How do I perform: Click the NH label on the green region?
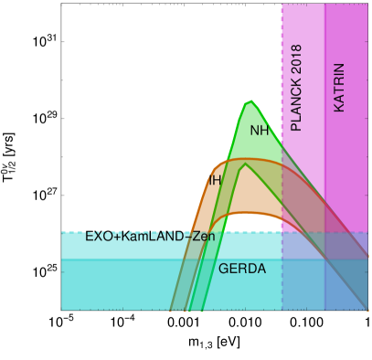coord(260,131)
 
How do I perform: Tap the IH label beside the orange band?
coord(214,181)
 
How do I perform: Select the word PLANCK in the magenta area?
coord(295,105)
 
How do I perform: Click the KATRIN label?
coord(339,88)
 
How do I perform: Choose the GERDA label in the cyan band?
coord(242,269)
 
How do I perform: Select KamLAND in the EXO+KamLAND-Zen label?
coord(150,237)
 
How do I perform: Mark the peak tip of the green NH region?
coord(248,100)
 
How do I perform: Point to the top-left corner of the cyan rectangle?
coord(61,232)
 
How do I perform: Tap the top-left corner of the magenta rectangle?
coord(282,5)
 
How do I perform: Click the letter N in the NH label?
coord(255,131)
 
